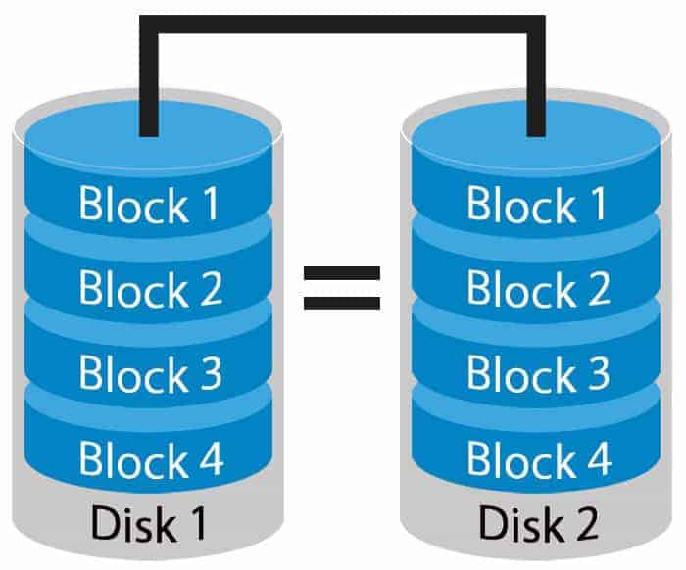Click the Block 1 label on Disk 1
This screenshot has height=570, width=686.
149,204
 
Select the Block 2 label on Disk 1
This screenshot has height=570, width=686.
151,288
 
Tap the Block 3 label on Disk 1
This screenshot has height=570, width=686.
151,373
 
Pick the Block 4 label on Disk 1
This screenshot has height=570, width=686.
151,458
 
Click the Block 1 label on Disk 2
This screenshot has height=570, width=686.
537,204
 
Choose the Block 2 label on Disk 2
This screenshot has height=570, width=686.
539,288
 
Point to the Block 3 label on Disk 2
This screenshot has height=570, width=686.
538,373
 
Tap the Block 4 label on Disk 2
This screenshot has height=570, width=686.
539,458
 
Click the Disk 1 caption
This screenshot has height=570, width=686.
148,523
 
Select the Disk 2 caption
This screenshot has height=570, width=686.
538,523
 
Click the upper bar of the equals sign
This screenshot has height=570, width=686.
342,273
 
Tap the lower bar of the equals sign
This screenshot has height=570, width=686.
342,304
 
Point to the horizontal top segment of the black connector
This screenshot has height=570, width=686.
342,24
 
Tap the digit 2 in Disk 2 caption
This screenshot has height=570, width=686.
585,523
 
